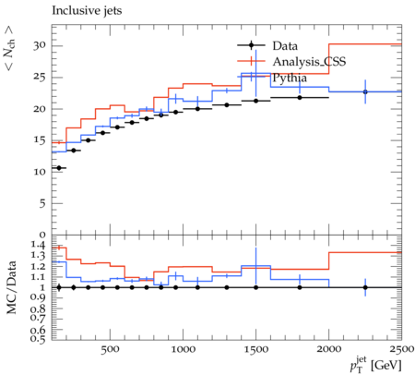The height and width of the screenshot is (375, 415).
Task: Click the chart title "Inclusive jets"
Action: pyautogui.click(x=87, y=11)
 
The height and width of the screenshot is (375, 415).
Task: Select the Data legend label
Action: pyautogui.click(x=285, y=46)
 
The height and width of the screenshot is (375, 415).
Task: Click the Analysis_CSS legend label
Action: pyautogui.click(x=309, y=62)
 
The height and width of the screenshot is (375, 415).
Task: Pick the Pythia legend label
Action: pyautogui.click(x=290, y=78)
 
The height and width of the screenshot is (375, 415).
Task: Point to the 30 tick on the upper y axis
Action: pyautogui.click(x=40, y=45)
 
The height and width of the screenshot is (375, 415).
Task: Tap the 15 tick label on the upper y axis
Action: pyautogui.click(x=40, y=140)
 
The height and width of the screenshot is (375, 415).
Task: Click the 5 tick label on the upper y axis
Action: pyautogui.click(x=42, y=203)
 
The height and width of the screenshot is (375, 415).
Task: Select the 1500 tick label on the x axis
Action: pyautogui.click(x=255, y=349)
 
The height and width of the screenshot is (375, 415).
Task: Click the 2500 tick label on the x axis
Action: pyautogui.click(x=401, y=349)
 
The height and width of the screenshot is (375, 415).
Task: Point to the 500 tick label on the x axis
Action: pyautogui.click(x=110, y=349)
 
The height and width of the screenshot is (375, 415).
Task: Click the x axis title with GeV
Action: pyautogui.click(x=375, y=365)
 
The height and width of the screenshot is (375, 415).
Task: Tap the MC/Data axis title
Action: pyautogui.click(x=11, y=287)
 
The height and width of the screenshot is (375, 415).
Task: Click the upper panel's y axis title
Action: pyautogui.click(x=9, y=48)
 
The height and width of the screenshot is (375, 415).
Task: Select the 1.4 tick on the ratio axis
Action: pyautogui.click(x=39, y=246)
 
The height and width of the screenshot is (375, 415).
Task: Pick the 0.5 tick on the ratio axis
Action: pyautogui.click(x=39, y=339)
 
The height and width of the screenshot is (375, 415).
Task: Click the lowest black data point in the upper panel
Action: pyautogui.click(x=59, y=168)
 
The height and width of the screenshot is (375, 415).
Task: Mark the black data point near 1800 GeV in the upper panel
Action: pyautogui.click(x=300, y=98)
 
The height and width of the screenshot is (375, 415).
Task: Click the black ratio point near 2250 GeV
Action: pyautogui.click(x=365, y=287)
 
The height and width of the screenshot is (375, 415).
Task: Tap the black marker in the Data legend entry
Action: pyautogui.click(x=251, y=45)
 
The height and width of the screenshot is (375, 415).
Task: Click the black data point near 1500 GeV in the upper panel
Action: pyautogui.click(x=255, y=101)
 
